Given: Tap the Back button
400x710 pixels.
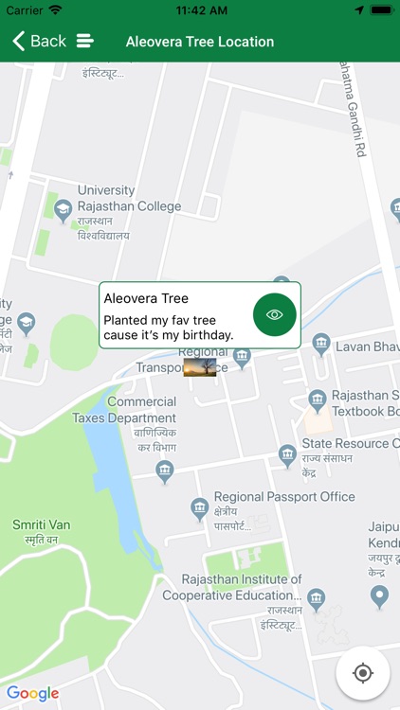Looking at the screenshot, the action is [39, 41].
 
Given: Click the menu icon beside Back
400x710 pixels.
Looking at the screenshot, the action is [85, 41].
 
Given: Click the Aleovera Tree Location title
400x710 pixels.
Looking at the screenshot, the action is [200, 42].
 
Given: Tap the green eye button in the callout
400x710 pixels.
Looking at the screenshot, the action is [275, 315].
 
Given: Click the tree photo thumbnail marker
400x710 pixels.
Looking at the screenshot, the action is [200, 366].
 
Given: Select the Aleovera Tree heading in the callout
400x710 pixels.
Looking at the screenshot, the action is [146, 298].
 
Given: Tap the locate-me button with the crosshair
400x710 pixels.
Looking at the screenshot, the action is [362, 673].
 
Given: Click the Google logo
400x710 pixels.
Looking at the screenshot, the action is [33, 693].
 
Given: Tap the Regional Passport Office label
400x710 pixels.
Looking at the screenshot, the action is [284, 497].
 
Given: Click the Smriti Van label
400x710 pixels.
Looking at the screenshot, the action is [41, 524].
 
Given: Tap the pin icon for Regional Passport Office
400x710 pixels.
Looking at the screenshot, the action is [200, 510].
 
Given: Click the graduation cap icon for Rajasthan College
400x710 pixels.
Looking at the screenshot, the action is [63, 210].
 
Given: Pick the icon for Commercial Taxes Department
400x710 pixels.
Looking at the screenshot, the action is [165, 470].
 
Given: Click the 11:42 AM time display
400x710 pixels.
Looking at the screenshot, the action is [200, 9].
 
